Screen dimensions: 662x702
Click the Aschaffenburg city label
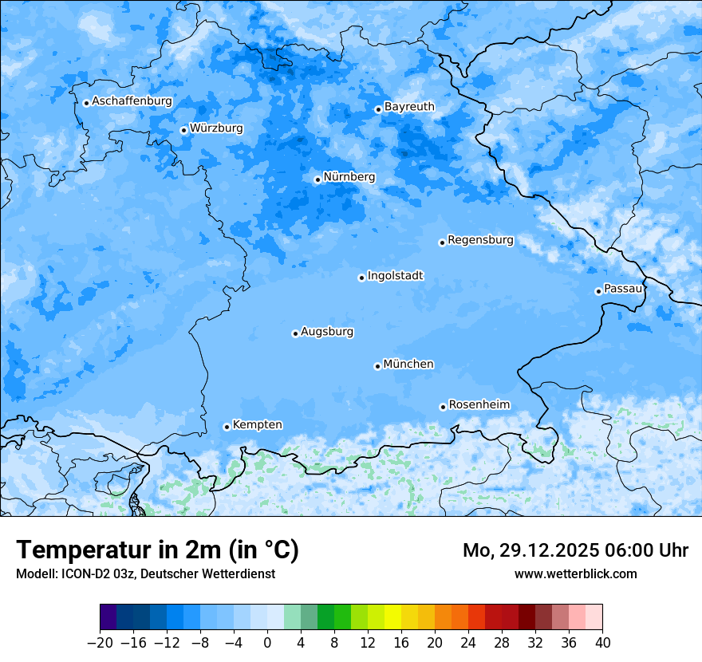pos(132,101)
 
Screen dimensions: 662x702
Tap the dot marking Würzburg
pos(183,130)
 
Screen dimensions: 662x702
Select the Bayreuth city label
pos(409,106)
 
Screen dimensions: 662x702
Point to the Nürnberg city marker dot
pos(317,179)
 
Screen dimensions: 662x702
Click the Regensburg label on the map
pos(480,239)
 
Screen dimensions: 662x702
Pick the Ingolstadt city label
pos(395,276)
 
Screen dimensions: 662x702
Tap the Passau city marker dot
pos(598,291)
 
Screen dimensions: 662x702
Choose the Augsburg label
pos(327,331)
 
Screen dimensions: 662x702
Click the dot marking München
pos(377,366)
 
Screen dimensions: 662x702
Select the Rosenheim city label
pos(479,404)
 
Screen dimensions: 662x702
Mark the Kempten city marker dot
pos(227,427)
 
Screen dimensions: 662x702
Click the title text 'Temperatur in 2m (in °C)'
pos(158,550)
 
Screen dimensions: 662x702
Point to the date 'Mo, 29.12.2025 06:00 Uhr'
pos(575,550)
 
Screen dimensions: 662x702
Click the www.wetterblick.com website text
pos(575,573)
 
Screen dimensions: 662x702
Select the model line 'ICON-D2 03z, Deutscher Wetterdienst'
pos(145,573)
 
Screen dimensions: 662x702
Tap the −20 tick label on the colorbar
pos(100,643)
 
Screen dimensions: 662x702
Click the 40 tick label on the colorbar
pos(602,643)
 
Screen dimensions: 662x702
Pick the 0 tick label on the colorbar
pos(267,643)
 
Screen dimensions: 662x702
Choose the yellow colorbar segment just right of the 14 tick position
pos(392,617)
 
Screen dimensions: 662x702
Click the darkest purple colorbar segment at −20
pos(108,617)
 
